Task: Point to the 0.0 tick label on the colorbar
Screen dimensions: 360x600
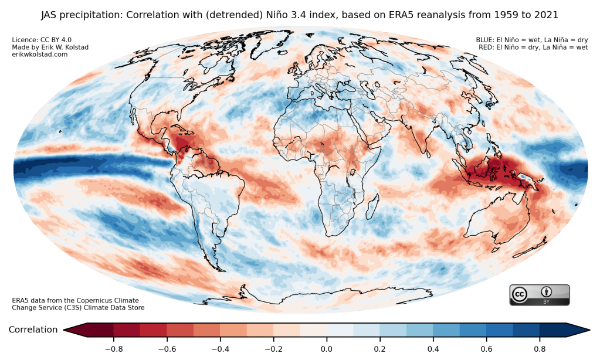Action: click(327, 349)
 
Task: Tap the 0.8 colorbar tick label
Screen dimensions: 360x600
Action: click(540, 349)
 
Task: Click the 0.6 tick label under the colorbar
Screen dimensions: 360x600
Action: click(487, 349)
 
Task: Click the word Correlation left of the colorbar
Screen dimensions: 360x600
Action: click(33, 330)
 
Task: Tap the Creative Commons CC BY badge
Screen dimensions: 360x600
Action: click(539, 294)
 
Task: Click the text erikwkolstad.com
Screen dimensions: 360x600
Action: click(40, 55)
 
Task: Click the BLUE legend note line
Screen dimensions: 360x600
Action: click(531, 40)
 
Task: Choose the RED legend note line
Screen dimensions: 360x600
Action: click(533, 47)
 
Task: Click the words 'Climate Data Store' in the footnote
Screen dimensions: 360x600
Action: click(114, 308)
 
